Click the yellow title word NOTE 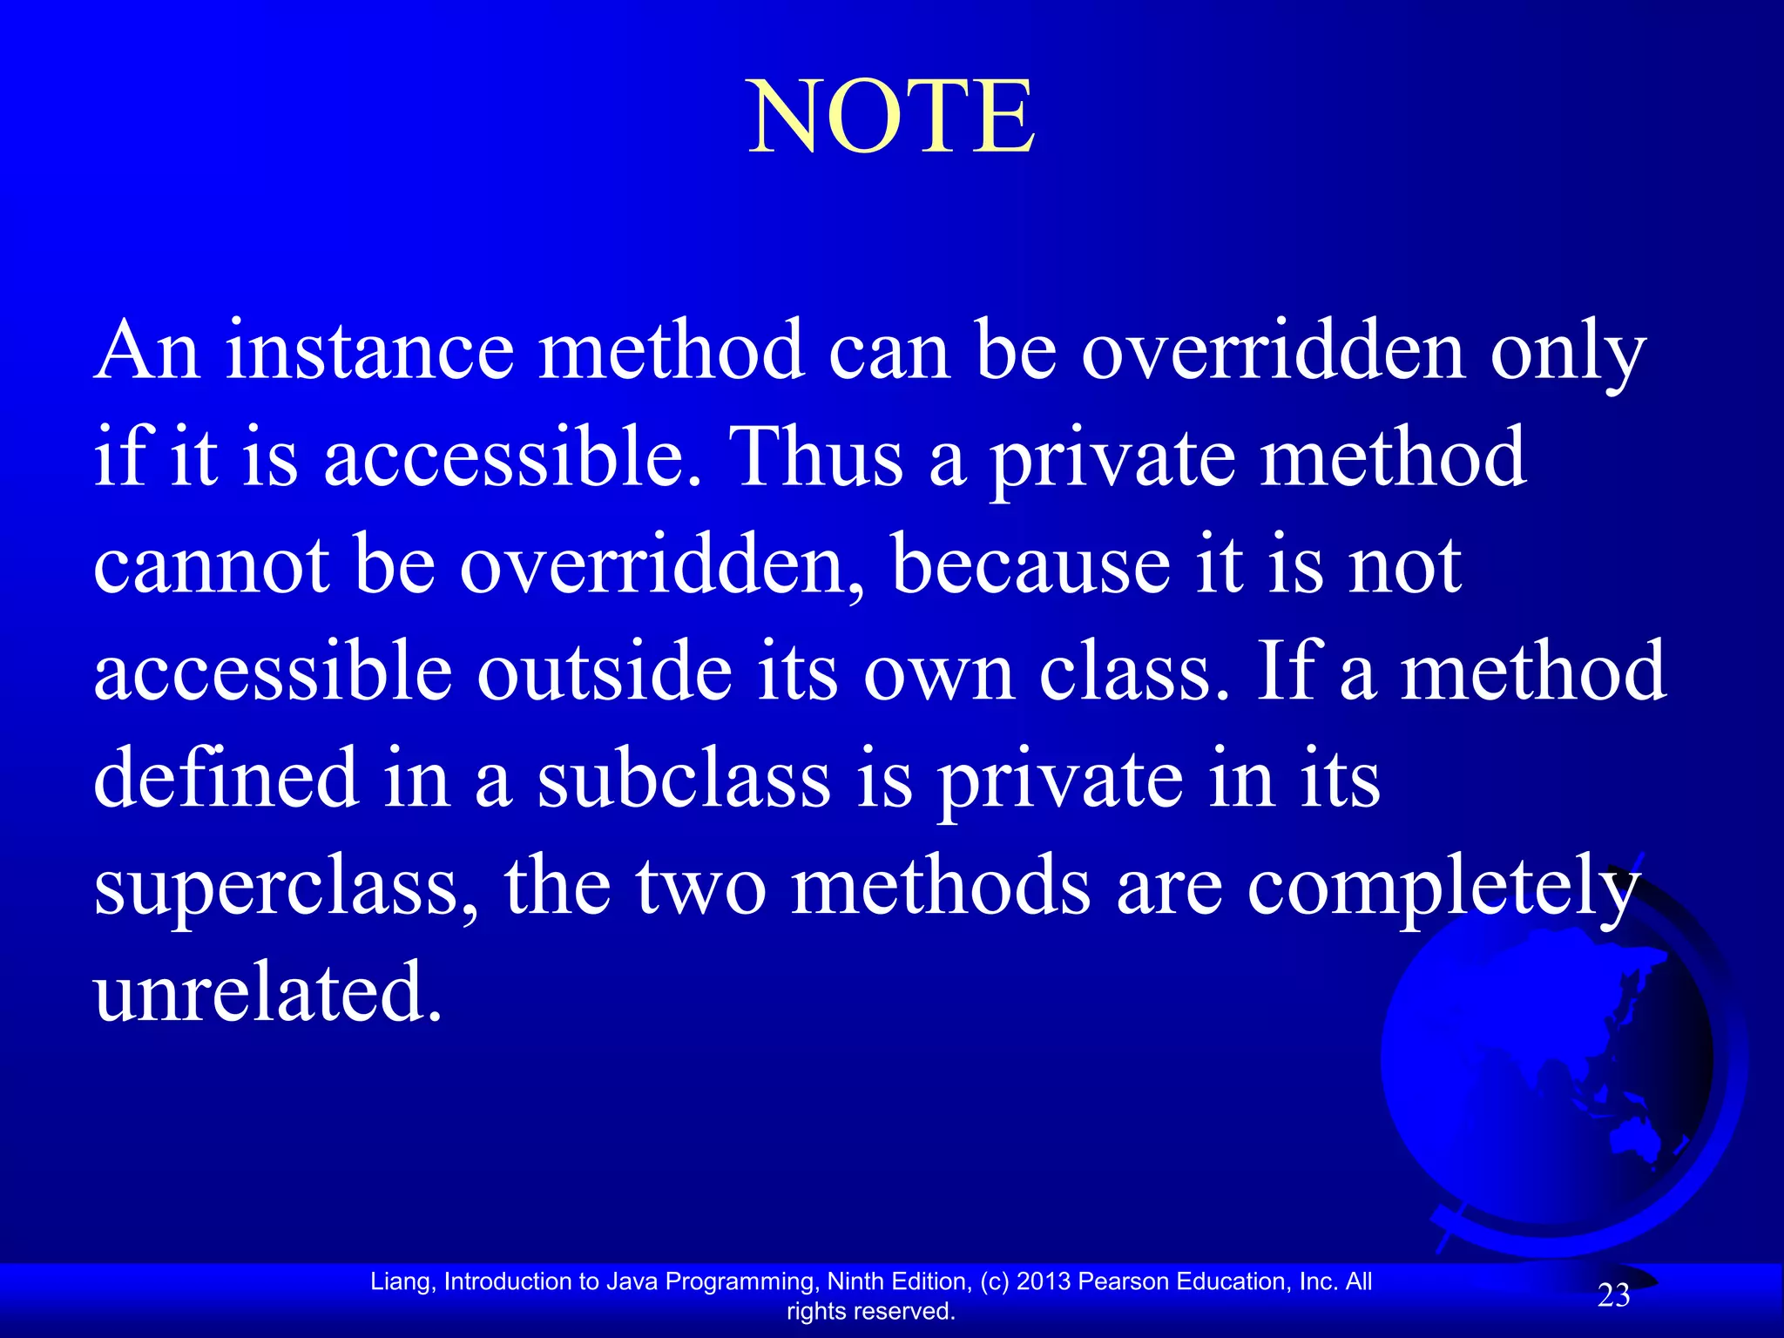point(892,117)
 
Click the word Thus point(819,457)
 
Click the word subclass point(683,778)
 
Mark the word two point(701,886)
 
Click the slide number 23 point(1613,1296)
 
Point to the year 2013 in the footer point(1044,1281)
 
